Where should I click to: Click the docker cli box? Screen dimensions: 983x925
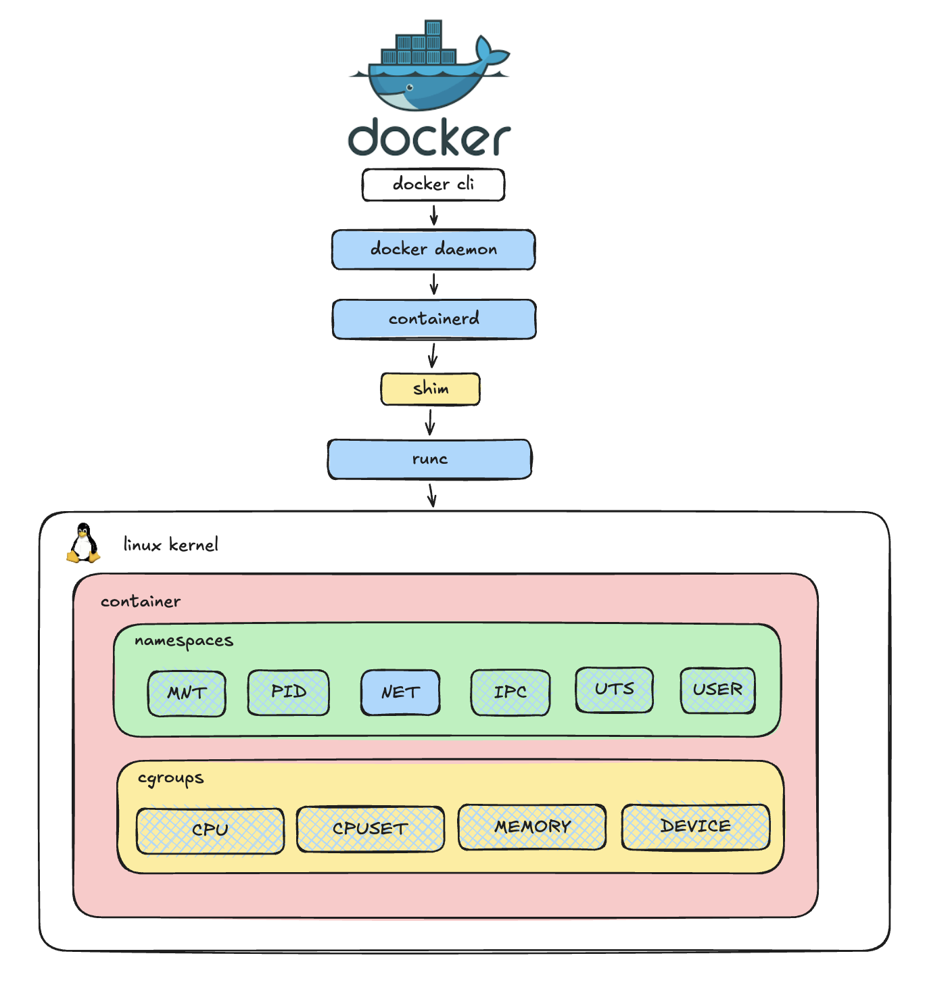(x=433, y=185)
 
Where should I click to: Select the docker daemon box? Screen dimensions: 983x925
(x=433, y=249)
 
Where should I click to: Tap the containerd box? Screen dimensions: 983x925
(x=433, y=319)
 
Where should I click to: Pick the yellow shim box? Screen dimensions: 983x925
(x=430, y=389)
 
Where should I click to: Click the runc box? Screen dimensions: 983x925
(x=429, y=460)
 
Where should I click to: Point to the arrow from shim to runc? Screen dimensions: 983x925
(x=429, y=423)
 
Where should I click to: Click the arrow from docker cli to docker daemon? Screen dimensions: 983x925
(x=433, y=216)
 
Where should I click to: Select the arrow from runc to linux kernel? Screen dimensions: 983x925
(x=431, y=495)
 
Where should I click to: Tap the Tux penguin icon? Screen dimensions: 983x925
(x=83, y=543)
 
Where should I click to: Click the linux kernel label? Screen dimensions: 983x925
(x=170, y=545)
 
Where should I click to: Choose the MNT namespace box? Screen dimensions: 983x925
(x=187, y=693)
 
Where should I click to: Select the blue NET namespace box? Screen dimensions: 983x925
(x=400, y=692)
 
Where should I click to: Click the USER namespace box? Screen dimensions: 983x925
(x=717, y=690)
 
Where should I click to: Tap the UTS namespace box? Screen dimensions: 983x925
(x=614, y=690)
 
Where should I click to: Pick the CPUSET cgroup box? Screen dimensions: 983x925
(x=370, y=829)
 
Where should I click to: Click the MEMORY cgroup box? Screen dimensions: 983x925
(x=532, y=827)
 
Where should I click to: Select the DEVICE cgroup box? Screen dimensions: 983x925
(x=695, y=826)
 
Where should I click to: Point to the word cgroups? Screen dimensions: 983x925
(x=170, y=779)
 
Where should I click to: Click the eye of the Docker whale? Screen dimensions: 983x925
(x=410, y=87)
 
